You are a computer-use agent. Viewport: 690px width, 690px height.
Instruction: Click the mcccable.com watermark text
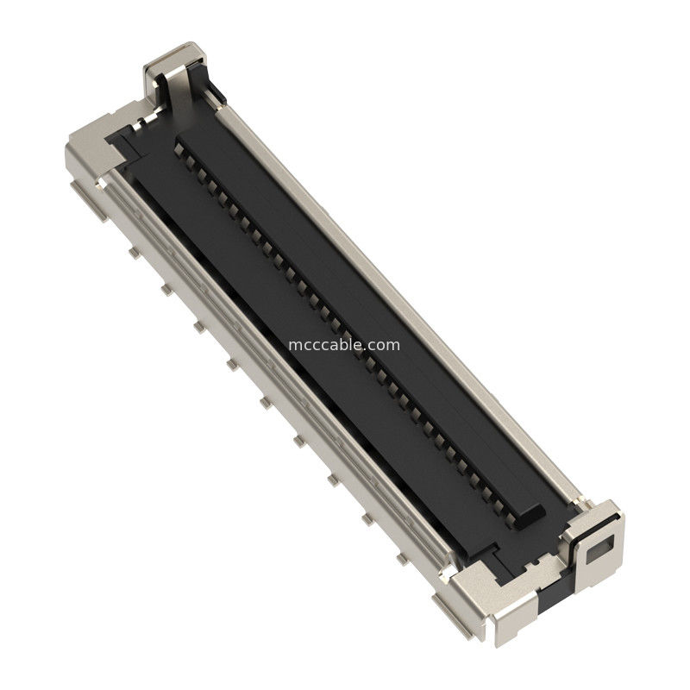344,345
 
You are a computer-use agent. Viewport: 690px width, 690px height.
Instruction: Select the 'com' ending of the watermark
385,345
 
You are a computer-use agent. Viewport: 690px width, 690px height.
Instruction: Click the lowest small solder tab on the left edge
402,559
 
